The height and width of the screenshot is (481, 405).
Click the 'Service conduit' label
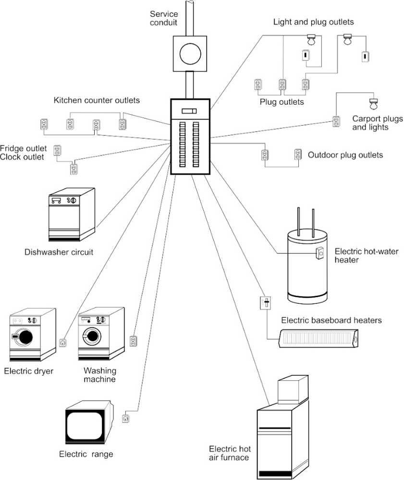pyautogui.click(x=163, y=18)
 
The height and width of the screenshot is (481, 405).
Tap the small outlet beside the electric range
pyautogui.click(x=126, y=419)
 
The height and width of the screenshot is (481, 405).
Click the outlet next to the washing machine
pyautogui.click(x=133, y=341)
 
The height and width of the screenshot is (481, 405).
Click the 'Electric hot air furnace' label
pyautogui.click(x=230, y=453)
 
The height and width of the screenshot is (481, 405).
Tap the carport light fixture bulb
pyautogui.click(x=372, y=103)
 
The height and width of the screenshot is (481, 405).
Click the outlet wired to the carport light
pyautogui.click(x=336, y=121)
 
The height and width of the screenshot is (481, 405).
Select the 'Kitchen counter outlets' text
pyautogui.click(x=97, y=100)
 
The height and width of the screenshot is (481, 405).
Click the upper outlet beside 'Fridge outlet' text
pyautogui.click(x=58, y=151)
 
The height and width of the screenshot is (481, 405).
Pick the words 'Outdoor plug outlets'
pyautogui.click(x=345, y=155)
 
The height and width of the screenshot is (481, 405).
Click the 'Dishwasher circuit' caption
pyautogui.click(x=59, y=252)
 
